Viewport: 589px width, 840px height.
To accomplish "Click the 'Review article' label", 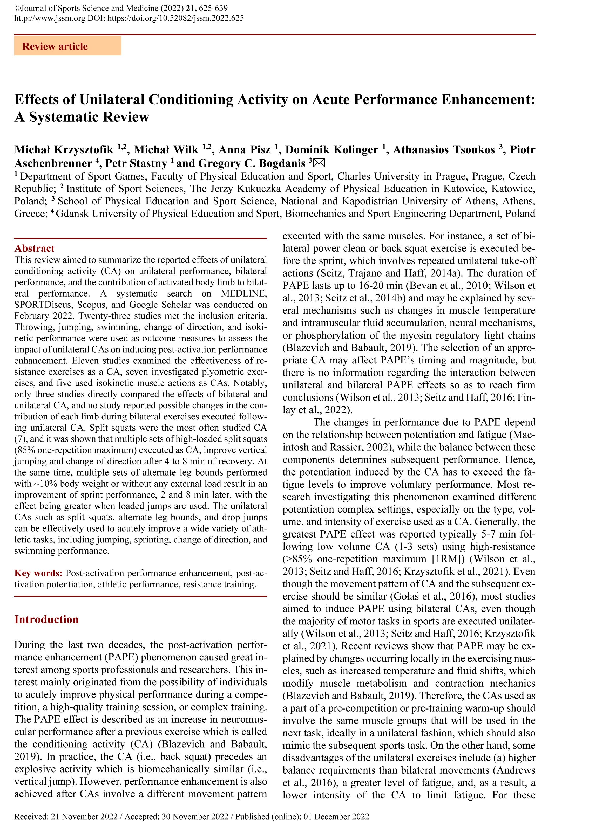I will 55,46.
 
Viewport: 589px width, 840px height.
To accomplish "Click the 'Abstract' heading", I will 35,249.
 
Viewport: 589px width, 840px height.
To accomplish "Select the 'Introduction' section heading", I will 46,619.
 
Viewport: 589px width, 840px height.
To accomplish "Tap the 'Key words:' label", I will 38,573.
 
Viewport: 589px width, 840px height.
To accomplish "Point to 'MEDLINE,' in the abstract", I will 244,293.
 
